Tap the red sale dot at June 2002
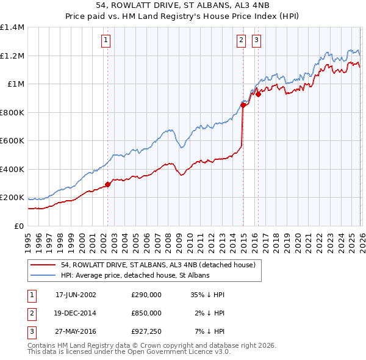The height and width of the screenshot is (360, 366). [x=108, y=184]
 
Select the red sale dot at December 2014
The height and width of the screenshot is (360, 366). [x=243, y=105]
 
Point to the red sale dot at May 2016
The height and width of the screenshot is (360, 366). [x=258, y=94]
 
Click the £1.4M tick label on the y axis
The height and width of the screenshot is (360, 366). [x=12, y=27]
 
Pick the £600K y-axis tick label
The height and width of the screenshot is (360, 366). [x=12, y=141]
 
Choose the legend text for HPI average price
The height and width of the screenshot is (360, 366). [x=135, y=275]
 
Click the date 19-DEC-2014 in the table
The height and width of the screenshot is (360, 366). [x=76, y=313]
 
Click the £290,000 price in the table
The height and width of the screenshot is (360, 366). [x=146, y=295]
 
